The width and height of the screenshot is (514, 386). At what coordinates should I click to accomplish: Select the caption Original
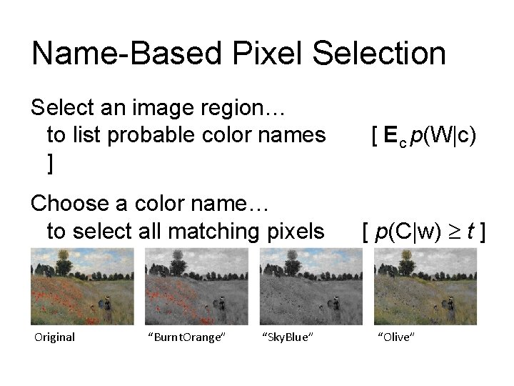pos(54,337)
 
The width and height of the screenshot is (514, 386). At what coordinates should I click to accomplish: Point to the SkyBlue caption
pos(288,337)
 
